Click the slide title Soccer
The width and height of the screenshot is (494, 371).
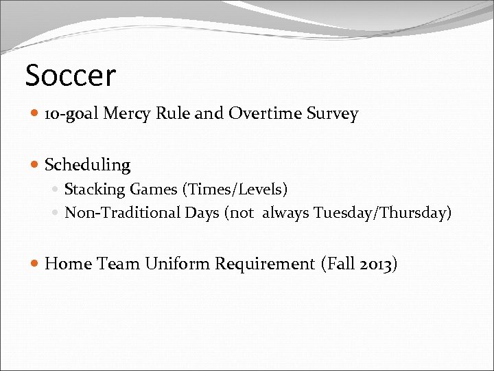point(71,75)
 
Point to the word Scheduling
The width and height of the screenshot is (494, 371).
point(87,165)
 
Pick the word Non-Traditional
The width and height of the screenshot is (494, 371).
point(123,213)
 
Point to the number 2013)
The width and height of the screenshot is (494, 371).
point(377,264)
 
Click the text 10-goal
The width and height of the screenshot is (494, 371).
point(71,114)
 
